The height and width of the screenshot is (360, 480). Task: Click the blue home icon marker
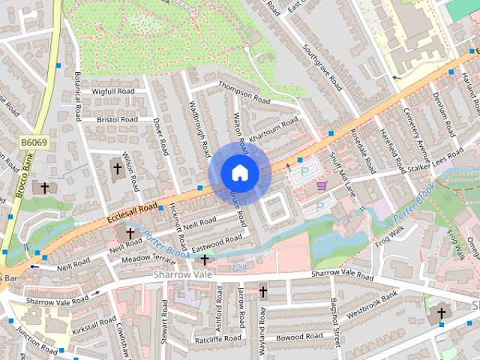click(239, 172)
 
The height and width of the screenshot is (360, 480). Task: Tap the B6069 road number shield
click(33, 142)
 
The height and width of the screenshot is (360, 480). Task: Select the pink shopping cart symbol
click(322, 185)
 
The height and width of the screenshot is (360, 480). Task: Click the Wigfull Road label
click(112, 91)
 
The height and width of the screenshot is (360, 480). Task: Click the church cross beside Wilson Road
click(116, 169)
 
